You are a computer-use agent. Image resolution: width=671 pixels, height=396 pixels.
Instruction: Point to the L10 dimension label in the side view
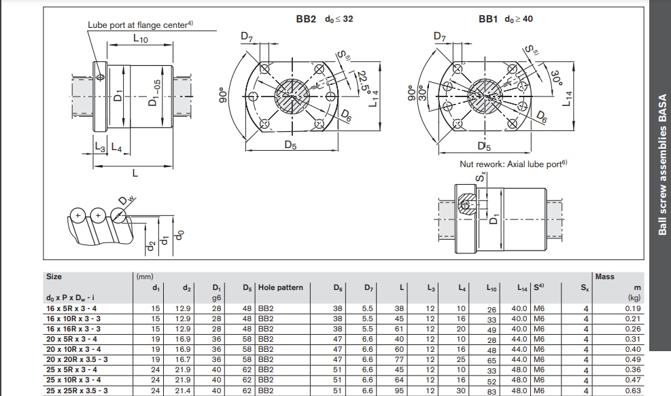[x=140, y=40]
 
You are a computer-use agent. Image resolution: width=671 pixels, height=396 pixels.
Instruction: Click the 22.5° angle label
[x=364, y=83]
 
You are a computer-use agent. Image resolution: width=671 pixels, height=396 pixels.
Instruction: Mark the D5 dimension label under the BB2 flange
[x=290, y=145]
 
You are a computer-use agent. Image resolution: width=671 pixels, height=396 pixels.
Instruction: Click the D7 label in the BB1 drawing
[x=440, y=37]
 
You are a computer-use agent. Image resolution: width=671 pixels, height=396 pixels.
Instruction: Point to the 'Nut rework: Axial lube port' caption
[x=513, y=164]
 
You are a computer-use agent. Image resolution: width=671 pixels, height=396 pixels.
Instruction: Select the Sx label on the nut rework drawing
[x=482, y=179]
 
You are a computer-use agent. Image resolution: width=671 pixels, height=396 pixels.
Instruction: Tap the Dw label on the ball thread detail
[x=124, y=200]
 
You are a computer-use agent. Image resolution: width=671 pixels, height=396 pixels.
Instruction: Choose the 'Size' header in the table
[x=54, y=276]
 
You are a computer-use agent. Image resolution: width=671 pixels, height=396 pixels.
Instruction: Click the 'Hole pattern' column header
[x=280, y=288]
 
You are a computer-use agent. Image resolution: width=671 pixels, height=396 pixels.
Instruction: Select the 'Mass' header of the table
[x=604, y=276]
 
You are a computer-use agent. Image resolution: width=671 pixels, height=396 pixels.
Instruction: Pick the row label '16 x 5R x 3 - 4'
[x=71, y=308]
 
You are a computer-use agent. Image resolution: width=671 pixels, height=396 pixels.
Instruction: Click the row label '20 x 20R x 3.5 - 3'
[x=77, y=359]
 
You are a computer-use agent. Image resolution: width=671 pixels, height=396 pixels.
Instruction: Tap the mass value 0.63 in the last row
[x=632, y=390]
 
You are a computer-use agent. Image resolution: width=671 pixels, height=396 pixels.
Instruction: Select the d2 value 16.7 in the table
[x=183, y=359]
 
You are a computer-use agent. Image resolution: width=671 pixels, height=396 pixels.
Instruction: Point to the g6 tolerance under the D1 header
[x=217, y=298]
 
